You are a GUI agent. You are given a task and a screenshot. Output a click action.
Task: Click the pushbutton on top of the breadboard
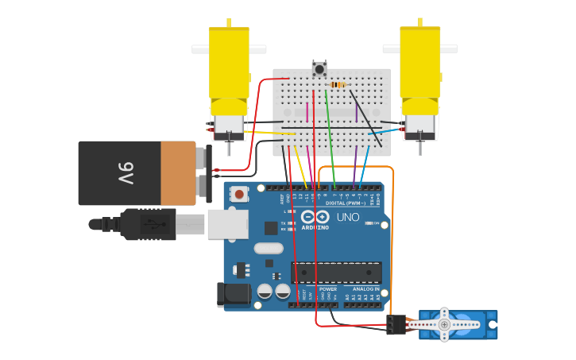pos(319,68)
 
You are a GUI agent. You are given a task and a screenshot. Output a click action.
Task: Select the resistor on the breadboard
pos(338,85)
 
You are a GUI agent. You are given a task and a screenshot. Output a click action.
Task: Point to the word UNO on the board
pos(348,217)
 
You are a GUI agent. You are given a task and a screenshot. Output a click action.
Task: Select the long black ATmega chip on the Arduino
pos(336,273)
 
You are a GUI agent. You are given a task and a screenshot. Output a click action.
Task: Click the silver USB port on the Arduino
pos(227,224)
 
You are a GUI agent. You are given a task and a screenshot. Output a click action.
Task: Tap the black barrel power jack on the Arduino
pos(233,294)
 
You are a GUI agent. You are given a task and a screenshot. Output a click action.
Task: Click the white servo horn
pos(445,323)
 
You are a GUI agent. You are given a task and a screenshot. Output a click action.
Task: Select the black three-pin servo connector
pos(396,324)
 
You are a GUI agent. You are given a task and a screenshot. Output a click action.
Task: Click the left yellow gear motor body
pos(229,68)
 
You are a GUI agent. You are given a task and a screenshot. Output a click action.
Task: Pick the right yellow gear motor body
pos(419,68)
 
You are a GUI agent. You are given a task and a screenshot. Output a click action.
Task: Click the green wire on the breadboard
pos(329,131)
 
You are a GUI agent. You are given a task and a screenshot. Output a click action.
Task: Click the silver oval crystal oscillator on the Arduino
pos(269,248)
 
